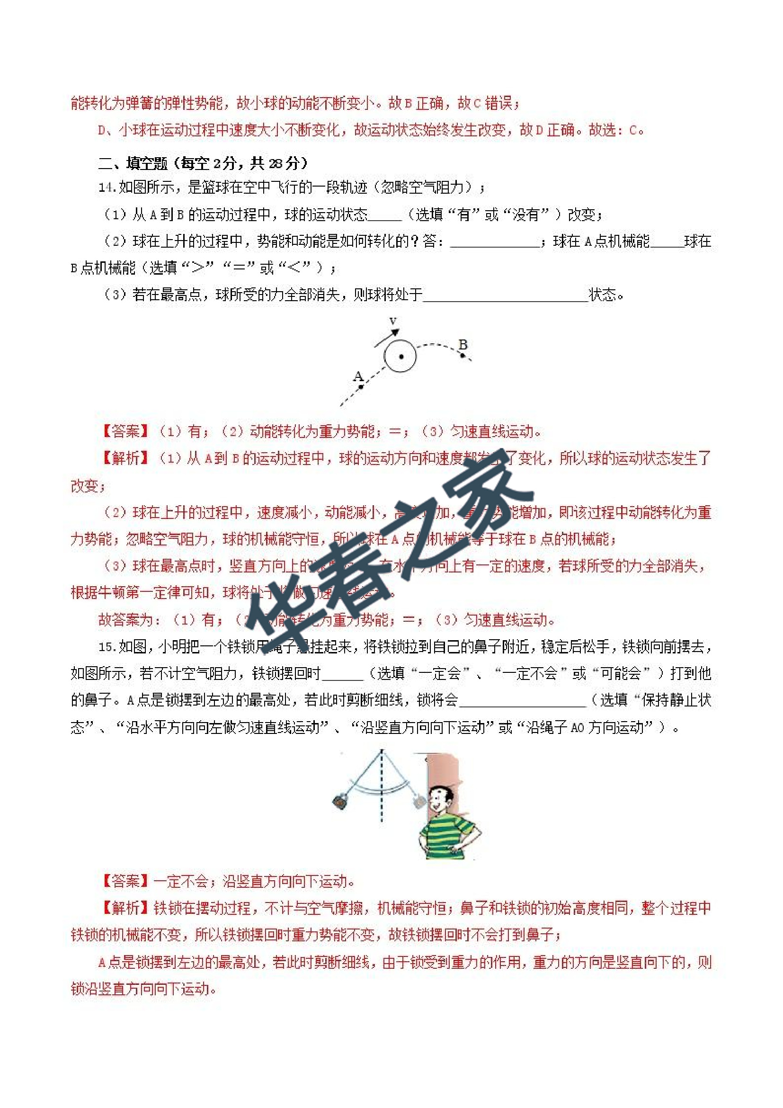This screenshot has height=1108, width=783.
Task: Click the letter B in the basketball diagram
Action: pos(463,345)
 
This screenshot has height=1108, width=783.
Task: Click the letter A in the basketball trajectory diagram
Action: pos(358,375)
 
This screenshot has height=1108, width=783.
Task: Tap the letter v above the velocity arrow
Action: pos(393,322)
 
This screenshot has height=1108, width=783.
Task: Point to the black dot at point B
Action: pos(463,356)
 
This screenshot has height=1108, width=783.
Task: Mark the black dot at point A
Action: pos(360,386)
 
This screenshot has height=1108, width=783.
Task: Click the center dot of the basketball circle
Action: pos(401,357)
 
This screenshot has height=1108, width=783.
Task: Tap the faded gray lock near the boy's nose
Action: pos(418,802)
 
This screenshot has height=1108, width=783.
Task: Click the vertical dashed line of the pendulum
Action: pos(382,791)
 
